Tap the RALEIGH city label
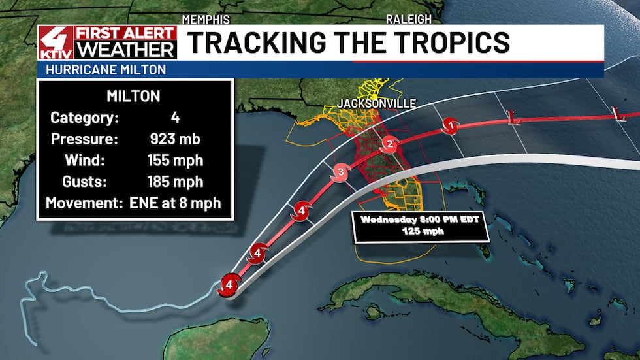click(409, 18)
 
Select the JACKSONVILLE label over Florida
click(376, 103)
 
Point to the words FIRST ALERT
click(126, 33)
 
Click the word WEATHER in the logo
click(126, 50)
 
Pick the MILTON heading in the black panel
click(134, 97)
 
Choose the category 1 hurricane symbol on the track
click(449, 125)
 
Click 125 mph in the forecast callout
click(421, 231)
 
